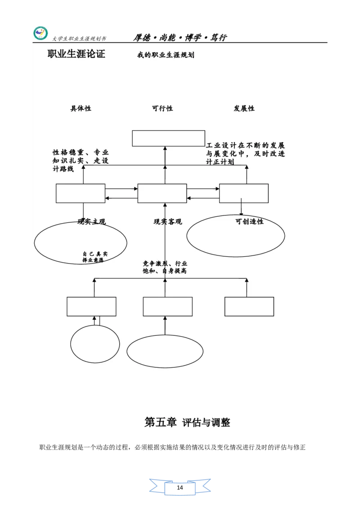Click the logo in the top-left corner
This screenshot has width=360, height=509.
(x=40, y=34)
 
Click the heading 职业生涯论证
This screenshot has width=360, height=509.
(x=76, y=54)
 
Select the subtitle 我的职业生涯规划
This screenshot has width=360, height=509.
(x=166, y=55)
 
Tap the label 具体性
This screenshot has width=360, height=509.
(x=81, y=108)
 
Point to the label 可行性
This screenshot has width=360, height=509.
(x=162, y=108)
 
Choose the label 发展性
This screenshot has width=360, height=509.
(x=244, y=108)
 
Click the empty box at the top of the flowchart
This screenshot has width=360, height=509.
(x=168, y=138)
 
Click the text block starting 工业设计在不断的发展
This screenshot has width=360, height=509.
(x=245, y=153)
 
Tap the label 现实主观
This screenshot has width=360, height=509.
(x=92, y=222)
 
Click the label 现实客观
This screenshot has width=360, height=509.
(x=167, y=222)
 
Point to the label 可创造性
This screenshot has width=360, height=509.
(x=249, y=222)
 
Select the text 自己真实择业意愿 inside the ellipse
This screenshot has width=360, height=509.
(x=94, y=257)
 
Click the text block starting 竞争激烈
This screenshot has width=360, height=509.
(x=165, y=267)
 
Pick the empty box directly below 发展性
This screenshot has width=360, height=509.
(x=243, y=193)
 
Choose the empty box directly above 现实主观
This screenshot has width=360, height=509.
(x=81, y=193)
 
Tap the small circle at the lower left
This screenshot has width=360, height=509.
(x=95, y=344)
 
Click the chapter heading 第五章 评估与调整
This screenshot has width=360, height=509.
(x=187, y=422)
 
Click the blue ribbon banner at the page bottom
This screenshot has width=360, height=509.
(x=180, y=487)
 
